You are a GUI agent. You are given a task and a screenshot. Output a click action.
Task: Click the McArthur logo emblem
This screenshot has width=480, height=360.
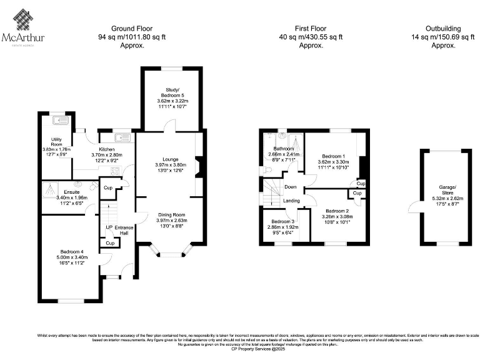click(x=24, y=22)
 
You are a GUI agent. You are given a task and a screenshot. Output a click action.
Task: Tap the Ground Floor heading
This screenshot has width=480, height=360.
click(x=131, y=28)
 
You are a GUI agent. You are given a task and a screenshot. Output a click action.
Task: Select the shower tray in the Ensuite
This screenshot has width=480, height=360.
click(x=51, y=188)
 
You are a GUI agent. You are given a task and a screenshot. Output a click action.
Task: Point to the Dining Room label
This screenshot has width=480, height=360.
click(x=171, y=214)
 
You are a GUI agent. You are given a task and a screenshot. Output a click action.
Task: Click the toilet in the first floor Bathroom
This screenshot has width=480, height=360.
click(x=265, y=169)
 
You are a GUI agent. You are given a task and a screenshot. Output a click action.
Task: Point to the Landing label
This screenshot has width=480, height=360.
click(x=291, y=201)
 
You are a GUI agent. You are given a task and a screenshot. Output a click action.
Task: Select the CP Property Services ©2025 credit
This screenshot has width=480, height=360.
click(x=240, y=349)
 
